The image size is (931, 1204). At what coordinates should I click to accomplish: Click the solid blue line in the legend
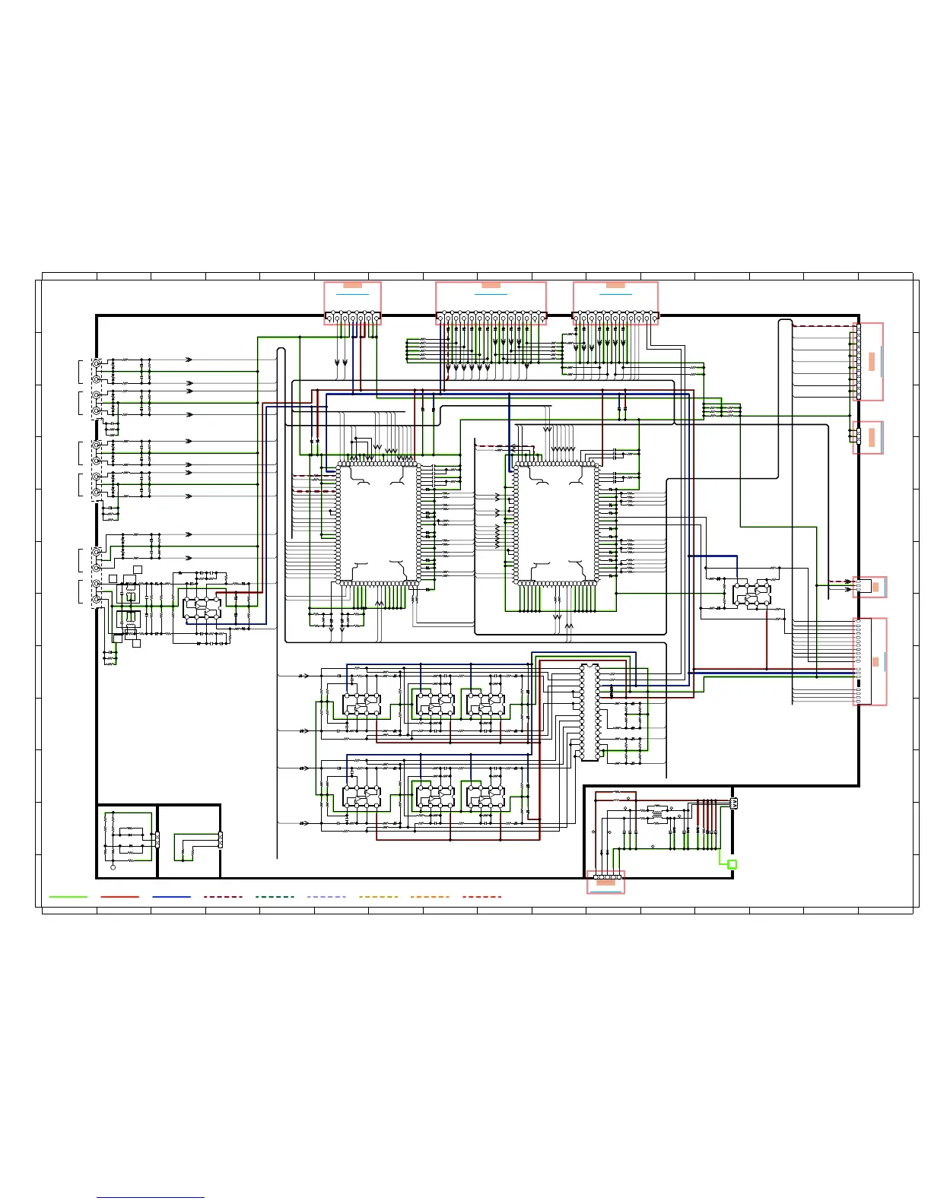(171, 897)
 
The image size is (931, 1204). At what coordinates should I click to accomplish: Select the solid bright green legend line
(68, 897)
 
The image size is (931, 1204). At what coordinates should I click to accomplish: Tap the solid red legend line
(119, 897)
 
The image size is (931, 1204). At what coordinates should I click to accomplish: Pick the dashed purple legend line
(326, 897)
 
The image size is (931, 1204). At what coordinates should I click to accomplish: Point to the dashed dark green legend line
(275, 897)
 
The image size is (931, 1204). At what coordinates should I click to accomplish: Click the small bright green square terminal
(732, 864)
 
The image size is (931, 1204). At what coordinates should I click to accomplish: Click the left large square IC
(377, 524)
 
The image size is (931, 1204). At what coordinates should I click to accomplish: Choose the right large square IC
(555, 524)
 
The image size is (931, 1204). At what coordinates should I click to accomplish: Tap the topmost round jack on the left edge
(97, 363)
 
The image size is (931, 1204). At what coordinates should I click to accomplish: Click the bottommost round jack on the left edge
(97, 600)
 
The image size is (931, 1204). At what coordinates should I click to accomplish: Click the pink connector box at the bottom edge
(606, 882)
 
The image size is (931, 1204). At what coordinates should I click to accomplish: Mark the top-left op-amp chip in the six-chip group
(361, 705)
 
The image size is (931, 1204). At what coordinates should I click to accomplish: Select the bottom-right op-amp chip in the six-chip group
(485, 797)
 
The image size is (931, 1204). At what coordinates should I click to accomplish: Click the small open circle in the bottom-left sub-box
(113, 867)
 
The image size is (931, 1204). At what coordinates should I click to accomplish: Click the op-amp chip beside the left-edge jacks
(202, 608)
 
